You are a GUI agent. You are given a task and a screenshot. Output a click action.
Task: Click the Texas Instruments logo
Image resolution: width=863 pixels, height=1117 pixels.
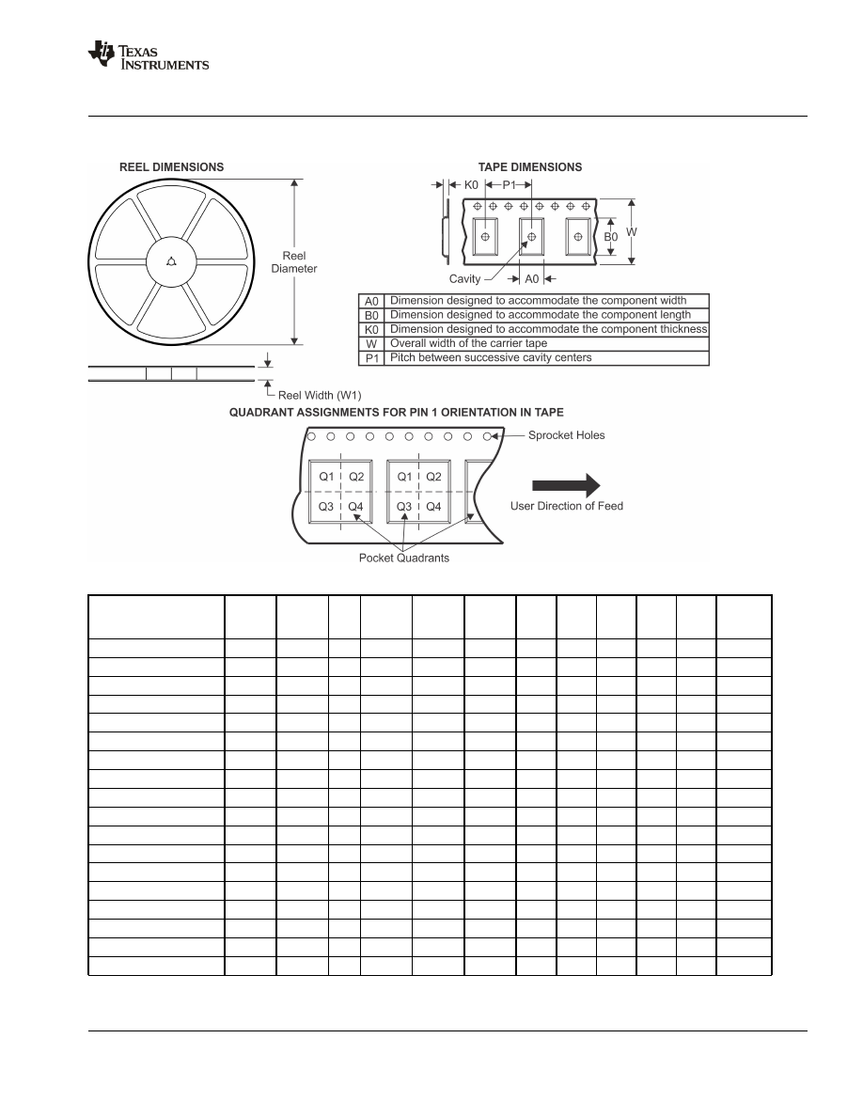tap(148, 55)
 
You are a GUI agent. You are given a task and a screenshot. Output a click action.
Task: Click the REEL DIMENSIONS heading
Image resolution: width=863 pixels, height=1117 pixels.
tap(171, 167)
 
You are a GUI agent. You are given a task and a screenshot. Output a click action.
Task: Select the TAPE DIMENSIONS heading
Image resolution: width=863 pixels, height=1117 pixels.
tap(529, 167)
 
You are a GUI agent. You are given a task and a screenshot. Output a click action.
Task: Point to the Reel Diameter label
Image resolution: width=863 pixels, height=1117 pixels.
tap(294, 262)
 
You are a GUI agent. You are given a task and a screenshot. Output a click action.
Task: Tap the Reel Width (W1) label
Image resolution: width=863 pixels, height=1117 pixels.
tap(320, 395)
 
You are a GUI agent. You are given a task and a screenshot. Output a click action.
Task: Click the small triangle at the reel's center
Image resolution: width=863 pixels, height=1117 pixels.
tap(170, 261)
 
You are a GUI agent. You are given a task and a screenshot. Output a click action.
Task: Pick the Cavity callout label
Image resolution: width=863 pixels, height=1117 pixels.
tap(464, 278)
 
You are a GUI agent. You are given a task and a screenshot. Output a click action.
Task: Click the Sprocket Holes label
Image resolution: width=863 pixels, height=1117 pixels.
tap(566, 435)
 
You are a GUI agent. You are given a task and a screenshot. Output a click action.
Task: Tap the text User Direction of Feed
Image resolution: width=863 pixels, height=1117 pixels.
tap(566, 506)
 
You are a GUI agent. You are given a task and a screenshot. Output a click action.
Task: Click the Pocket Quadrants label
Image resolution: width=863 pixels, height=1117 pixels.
tap(404, 558)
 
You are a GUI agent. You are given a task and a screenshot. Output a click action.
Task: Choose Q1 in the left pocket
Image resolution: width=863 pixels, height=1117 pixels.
tap(326, 477)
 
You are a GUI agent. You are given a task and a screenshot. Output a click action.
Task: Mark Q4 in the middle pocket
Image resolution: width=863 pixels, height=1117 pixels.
tap(433, 507)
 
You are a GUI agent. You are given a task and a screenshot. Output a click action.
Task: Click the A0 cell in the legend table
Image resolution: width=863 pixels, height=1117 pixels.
tap(372, 301)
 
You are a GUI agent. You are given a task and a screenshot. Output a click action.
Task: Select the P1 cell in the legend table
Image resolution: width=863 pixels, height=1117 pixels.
tap(372, 358)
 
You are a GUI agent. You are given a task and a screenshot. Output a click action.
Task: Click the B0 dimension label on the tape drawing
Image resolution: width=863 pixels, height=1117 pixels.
tap(610, 238)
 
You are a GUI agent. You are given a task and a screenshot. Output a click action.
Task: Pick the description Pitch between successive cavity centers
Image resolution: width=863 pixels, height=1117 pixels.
tap(491, 358)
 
